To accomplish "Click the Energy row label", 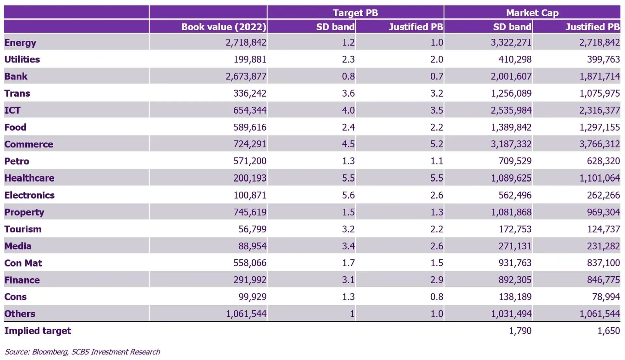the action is (20, 43).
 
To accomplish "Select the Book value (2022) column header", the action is (224, 27).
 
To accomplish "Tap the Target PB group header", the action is (355, 13).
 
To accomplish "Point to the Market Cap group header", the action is (532, 13).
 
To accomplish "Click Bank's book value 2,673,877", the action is (246, 76).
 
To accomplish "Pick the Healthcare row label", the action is (29, 178).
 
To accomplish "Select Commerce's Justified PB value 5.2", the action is (437, 144).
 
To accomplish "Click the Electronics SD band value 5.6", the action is (348, 195).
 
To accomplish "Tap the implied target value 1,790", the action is (520, 331).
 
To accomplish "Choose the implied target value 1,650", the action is (608, 331).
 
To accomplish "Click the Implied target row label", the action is (37, 331).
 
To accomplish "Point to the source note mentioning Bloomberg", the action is (82, 352).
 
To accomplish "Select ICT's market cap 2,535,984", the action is (511, 110).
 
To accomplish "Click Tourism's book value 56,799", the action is (252, 229).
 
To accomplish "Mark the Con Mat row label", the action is (23, 263).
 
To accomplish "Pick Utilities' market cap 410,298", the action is (515, 59).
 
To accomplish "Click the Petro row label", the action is (17, 161).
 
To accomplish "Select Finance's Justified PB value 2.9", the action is (437, 280).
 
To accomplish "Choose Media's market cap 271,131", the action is (515, 246).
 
